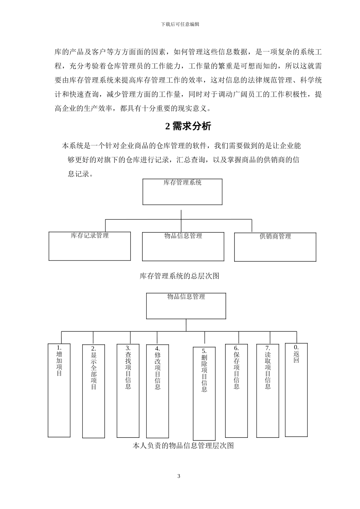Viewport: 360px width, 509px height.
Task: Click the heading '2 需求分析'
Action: (x=188, y=126)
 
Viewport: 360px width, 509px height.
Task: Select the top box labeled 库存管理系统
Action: (x=182, y=192)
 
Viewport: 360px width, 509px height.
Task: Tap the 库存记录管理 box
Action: (x=90, y=246)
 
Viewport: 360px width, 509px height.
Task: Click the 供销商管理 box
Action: (x=275, y=247)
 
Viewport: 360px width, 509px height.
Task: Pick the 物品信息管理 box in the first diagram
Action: (x=183, y=247)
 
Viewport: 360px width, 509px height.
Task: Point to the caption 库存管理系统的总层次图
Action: (x=180, y=276)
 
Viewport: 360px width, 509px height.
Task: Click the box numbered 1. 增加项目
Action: (x=59, y=390)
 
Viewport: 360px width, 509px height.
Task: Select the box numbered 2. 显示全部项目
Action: (x=94, y=391)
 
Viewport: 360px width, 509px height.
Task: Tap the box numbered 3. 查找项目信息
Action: (x=128, y=390)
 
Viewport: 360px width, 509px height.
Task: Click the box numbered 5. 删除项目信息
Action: (x=204, y=393)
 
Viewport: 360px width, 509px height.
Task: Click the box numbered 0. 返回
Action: (x=296, y=390)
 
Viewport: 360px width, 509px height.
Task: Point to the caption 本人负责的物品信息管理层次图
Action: (x=183, y=446)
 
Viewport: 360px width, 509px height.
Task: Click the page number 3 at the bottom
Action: (x=179, y=476)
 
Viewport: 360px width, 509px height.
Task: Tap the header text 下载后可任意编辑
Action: (x=180, y=24)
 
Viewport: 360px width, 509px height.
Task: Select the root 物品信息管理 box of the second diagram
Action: (x=186, y=306)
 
